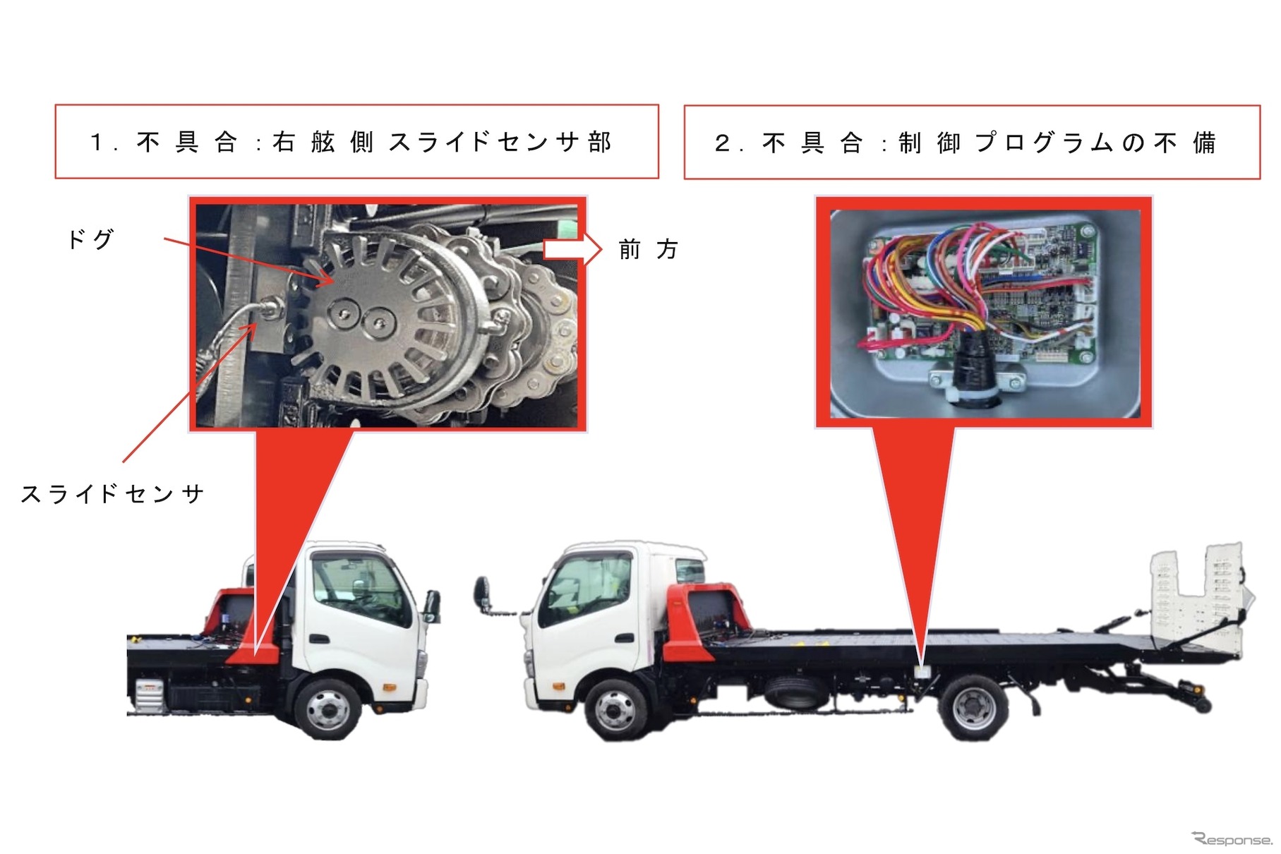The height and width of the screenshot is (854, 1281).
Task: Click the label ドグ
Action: click(90, 240)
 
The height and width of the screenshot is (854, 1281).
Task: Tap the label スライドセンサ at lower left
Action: click(113, 493)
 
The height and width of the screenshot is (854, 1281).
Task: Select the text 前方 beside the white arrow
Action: click(648, 249)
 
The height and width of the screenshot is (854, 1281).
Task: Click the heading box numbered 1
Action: click(357, 142)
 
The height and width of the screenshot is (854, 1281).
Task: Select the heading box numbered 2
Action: click(972, 143)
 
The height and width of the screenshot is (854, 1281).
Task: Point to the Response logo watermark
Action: click(1232, 838)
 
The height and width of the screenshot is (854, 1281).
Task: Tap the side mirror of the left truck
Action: click(431, 607)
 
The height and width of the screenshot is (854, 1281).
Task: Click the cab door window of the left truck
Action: click(359, 590)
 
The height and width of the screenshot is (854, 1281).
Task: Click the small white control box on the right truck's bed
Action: click(921, 670)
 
